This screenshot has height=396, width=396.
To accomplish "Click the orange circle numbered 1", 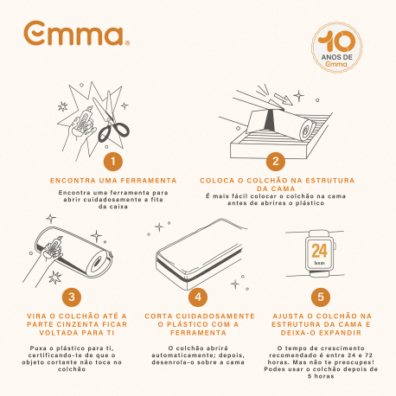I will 110,161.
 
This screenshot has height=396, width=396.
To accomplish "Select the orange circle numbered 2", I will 276,161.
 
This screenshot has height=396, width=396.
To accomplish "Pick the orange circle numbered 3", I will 73,296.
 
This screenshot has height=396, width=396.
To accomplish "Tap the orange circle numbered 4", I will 198,296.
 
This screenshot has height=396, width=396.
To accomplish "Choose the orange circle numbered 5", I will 322,296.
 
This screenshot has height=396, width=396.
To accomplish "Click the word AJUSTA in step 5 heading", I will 284,316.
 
